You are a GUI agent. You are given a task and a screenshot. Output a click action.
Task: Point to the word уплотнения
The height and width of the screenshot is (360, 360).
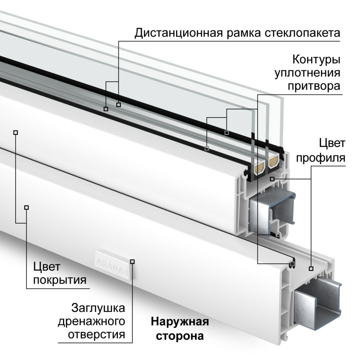point(307,73)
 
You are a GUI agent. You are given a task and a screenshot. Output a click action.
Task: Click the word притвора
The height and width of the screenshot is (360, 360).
point(314,86)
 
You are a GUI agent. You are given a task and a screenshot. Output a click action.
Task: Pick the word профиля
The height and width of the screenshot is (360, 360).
point(321,157)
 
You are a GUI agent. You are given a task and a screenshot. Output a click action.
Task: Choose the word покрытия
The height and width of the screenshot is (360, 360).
point(60,280)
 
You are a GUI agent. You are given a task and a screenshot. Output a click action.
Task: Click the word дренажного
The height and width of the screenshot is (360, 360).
point(91,321)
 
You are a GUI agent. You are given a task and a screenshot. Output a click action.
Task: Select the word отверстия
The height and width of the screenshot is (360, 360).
point(97,334)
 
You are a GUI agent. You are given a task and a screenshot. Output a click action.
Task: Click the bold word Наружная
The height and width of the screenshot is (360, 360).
point(180,322)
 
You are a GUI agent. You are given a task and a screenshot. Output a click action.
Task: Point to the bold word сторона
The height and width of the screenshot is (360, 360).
point(180,335)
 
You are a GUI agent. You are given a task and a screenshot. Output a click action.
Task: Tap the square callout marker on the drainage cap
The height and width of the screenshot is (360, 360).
point(132,261)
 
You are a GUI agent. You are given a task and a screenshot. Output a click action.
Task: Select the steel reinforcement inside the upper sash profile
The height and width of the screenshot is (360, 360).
point(272,212)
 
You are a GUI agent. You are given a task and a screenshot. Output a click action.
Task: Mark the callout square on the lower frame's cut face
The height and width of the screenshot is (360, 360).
point(311,268)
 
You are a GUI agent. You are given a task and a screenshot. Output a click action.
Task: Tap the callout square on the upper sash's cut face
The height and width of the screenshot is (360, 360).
point(272,179)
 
